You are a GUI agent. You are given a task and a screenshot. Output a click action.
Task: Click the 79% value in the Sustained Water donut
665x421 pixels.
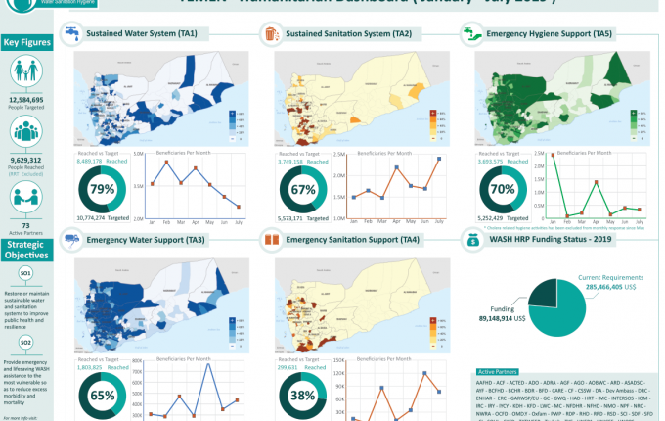(x=102, y=188)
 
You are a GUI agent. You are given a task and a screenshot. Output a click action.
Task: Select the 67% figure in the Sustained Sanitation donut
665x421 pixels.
(x=302, y=189)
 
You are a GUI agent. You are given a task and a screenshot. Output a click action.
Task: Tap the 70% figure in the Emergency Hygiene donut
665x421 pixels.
(x=503, y=189)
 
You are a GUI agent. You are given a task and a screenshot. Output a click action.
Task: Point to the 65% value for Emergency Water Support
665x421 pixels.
(x=102, y=397)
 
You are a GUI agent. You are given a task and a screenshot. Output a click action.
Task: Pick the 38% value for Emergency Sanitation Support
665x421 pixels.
(x=302, y=397)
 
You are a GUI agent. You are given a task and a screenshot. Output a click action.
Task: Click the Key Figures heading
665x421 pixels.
(x=25, y=42)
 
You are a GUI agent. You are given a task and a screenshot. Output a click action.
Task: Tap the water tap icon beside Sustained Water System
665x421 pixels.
(x=71, y=34)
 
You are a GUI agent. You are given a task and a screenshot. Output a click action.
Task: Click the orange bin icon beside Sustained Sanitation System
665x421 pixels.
(x=271, y=35)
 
